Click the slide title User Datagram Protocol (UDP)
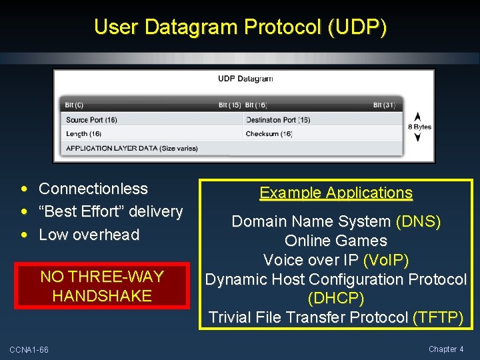(240, 27)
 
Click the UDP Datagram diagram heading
(245, 79)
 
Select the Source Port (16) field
(92, 120)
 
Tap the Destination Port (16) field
(278, 120)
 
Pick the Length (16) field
(84, 134)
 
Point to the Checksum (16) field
(269, 134)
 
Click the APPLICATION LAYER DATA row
(132, 148)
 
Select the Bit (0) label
(74, 105)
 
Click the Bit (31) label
(385, 105)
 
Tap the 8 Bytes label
(419, 127)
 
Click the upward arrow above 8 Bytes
(418, 116)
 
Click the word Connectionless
(93, 189)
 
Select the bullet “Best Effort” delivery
(111, 211)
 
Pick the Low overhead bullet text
(89, 235)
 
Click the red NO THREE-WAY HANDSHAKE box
(102, 287)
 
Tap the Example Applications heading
(336, 193)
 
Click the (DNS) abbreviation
(418, 221)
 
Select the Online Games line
(336, 241)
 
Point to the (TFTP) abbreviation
(437, 318)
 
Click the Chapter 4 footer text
(446, 349)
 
